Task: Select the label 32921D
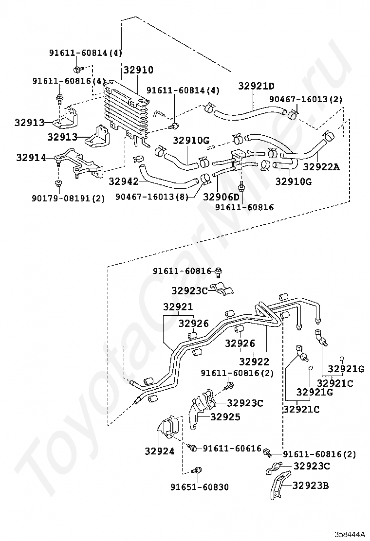click(x=257, y=86)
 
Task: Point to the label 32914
click(x=31, y=158)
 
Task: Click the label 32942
click(x=124, y=181)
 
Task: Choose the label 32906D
click(x=222, y=197)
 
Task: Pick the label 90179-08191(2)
click(x=69, y=198)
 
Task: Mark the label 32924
click(x=159, y=451)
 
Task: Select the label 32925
click(x=225, y=417)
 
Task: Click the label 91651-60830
click(x=200, y=487)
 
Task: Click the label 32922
click(x=254, y=361)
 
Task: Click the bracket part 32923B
click(x=276, y=488)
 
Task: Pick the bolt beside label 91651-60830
click(x=198, y=470)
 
